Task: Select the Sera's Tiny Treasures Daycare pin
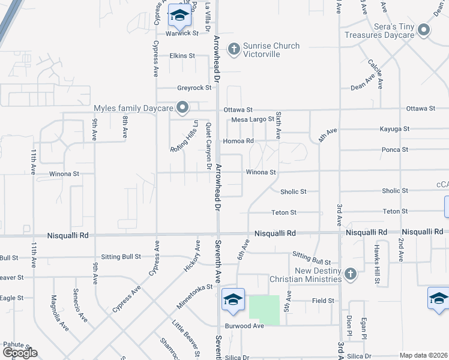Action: pos(424,30)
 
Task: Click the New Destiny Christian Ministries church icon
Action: pos(351,274)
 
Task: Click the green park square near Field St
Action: pos(264,310)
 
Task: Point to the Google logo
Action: pos(20,353)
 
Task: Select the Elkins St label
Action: pos(182,56)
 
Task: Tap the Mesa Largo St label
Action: pos(253,120)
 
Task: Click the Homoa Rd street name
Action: pos(238,141)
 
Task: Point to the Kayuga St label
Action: pos(394,129)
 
